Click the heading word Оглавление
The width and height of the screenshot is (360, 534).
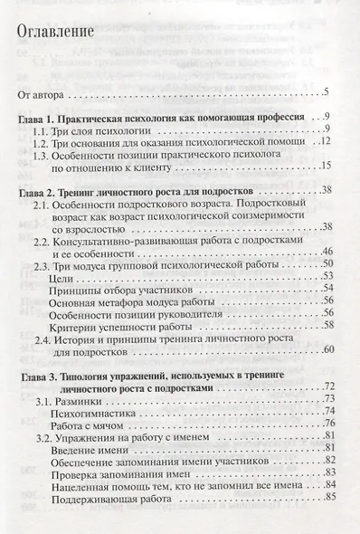[57, 33]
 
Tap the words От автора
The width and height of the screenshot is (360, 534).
[42, 94]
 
